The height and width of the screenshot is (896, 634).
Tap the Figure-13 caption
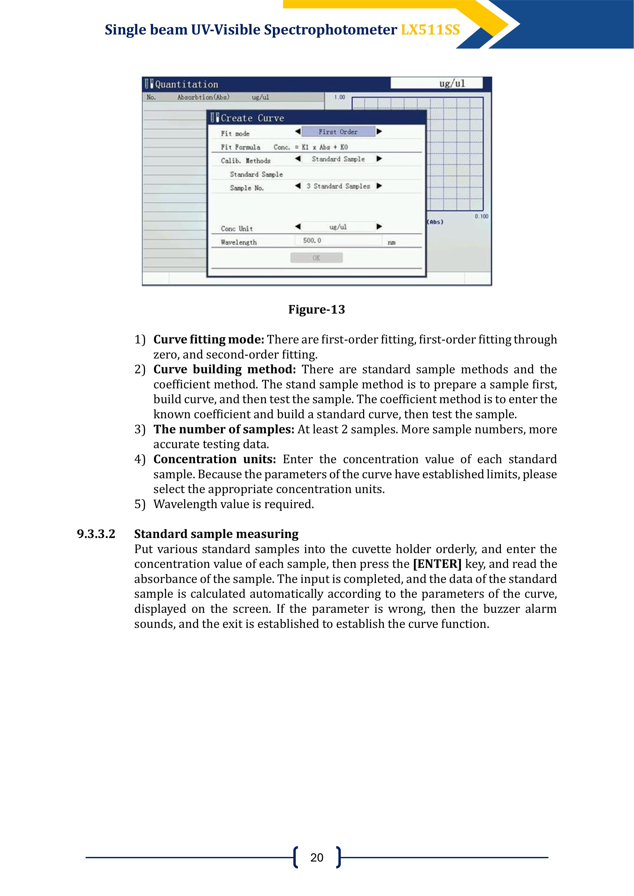[316, 309]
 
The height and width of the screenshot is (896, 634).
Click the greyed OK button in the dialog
[316, 258]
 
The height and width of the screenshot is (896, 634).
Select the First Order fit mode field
[338, 132]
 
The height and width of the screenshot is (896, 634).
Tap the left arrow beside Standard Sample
[298, 159]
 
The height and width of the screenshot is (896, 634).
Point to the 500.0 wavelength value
[312, 240]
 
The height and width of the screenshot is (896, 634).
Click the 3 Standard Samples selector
[338, 186]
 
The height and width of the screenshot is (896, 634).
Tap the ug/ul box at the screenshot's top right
[436, 83]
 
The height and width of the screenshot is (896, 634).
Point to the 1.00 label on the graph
[339, 97]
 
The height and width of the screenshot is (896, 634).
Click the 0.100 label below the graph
[481, 216]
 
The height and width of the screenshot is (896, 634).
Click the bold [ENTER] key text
[437, 564]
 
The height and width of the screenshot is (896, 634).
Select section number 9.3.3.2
[96, 534]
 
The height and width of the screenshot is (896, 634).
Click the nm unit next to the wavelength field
[391, 242]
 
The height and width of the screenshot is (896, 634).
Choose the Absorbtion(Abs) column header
[203, 97]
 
